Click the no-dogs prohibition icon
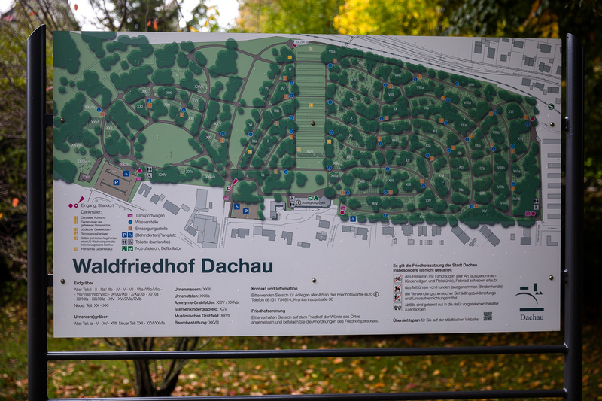(397, 288)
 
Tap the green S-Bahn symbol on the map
(551, 107)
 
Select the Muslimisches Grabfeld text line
(202, 315)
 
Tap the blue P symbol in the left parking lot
(116, 183)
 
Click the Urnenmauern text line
(192, 289)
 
